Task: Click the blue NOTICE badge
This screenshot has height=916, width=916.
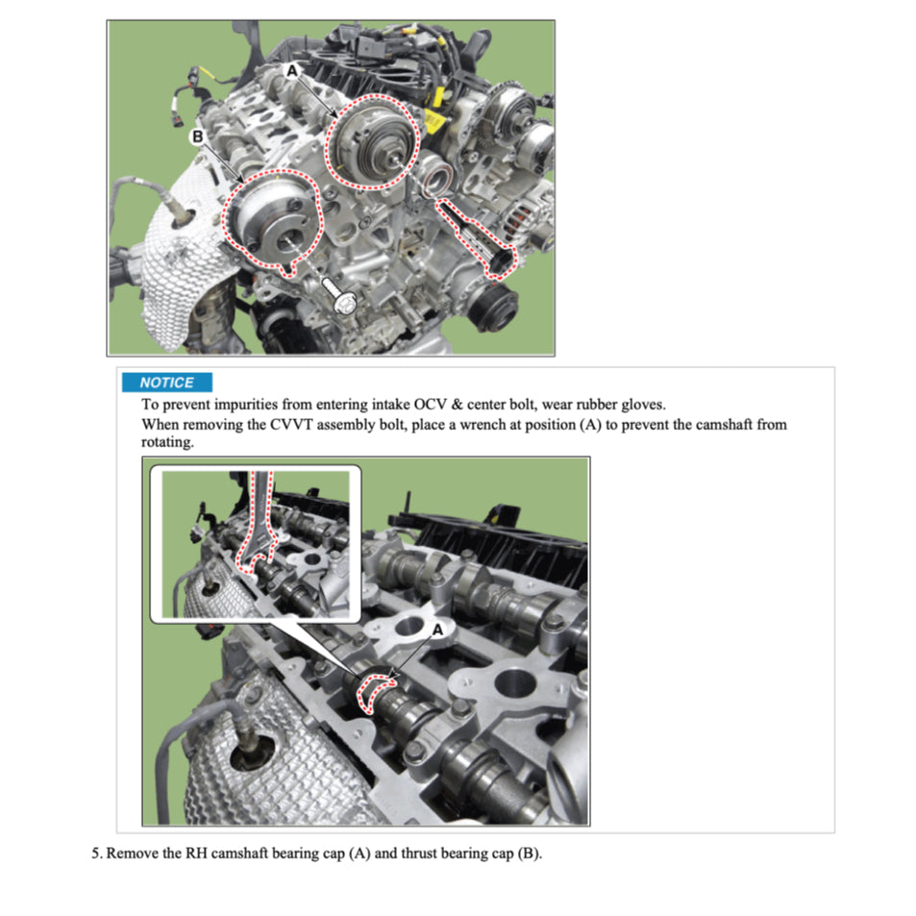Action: (166, 383)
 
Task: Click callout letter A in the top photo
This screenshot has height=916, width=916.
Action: (293, 71)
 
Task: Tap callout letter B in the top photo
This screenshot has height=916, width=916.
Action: (198, 137)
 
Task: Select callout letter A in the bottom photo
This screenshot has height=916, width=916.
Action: (437, 629)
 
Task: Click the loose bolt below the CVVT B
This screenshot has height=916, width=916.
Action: (339, 293)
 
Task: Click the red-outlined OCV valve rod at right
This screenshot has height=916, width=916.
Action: (478, 234)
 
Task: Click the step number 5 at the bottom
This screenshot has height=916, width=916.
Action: (96, 854)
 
